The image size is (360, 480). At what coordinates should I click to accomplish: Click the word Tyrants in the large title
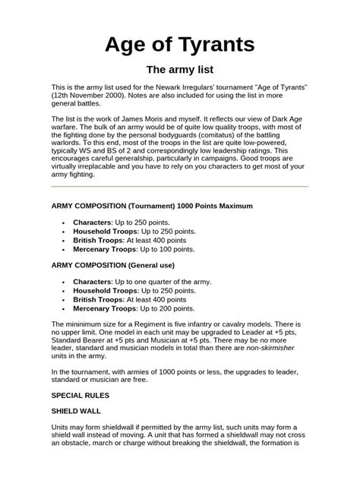pyautogui.click(x=213, y=45)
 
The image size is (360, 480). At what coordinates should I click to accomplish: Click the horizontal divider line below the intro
pyautogui.click(x=179, y=186)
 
